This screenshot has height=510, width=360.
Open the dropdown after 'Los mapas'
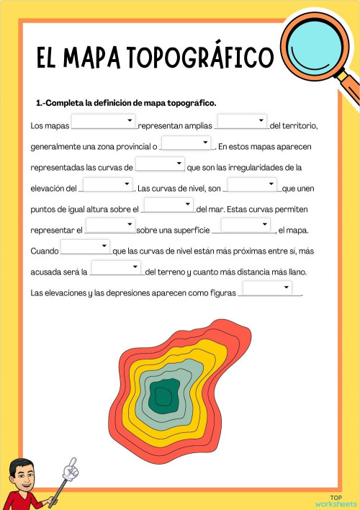(x=104, y=122)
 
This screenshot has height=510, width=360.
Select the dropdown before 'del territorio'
(x=242, y=122)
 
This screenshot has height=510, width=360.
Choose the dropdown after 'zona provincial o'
(x=186, y=143)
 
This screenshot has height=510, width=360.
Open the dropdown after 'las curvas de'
(x=160, y=164)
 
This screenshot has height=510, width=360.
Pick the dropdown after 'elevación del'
(x=107, y=184)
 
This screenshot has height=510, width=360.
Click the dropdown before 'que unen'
(x=252, y=184)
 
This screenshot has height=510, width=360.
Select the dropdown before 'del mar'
(x=169, y=205)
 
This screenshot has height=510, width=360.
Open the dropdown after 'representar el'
(x=111, y=226)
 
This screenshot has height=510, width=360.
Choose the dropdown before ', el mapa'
(x=246, y=226)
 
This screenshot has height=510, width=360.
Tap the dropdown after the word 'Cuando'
(x=85, y=247)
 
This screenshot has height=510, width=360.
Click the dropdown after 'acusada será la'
(x=117, y=268)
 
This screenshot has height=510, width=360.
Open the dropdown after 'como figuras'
(x=268, y=289)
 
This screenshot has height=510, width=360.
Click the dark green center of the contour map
(x=163, y=395)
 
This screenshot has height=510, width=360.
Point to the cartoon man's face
(x=23, y=478)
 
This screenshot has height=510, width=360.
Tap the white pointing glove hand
(x=71, y=469)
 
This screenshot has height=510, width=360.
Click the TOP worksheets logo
(x=336, y=500)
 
